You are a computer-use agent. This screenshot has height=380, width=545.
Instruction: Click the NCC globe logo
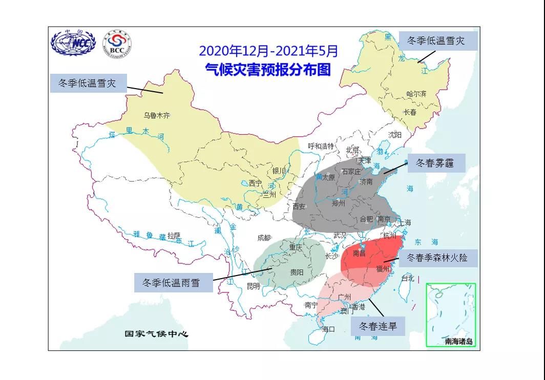(x=73, y=44)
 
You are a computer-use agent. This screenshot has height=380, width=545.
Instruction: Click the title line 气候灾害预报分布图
(x=268, y=69)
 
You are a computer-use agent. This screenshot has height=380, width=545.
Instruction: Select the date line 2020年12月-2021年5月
(x=268, y=51)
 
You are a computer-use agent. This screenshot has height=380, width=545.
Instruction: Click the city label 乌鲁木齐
(x=157, y=116)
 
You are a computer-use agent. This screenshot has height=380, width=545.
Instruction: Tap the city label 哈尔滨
(x=416, y=94)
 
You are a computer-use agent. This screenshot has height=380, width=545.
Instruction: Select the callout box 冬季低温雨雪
(x=173, y=282)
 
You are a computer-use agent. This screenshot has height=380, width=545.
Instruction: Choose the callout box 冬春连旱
(x=378, y=326)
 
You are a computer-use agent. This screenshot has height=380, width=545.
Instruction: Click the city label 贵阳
(x=296, y=272)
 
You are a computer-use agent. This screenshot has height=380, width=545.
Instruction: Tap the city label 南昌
(x=359, y=253)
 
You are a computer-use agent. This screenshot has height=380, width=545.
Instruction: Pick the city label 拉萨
(x=174, y=236)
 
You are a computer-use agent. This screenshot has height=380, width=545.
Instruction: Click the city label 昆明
(x=253, y=286)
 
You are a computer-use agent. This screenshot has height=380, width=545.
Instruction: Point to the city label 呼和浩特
(x=321, y=146)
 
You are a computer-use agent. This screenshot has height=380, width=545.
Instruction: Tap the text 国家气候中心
(x=157, y=334)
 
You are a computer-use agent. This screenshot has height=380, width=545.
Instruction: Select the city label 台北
(x=407, y=279)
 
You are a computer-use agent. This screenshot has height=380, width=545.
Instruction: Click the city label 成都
(x=264, y=238)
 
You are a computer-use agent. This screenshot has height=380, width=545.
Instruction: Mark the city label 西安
(x=299, y=206)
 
